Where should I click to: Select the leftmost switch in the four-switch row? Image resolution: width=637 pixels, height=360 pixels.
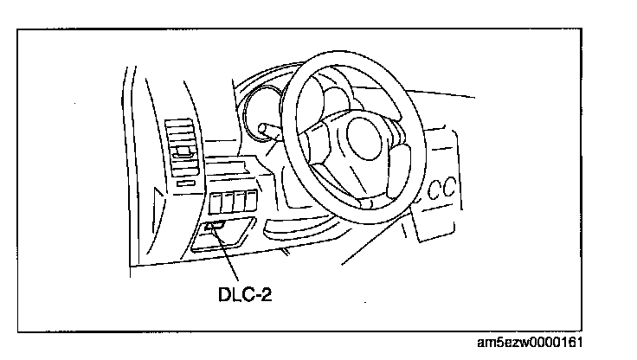(216, 202)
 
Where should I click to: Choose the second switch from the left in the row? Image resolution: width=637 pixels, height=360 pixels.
(228, 202)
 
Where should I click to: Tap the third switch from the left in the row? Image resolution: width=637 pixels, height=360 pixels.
(240, 201)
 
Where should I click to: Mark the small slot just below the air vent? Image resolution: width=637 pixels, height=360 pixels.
(185, 184)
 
